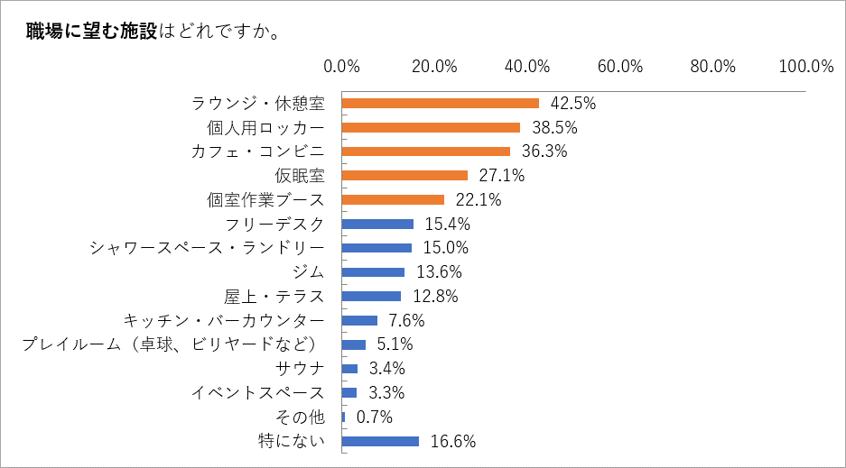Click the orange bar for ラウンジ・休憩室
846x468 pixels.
coord(441,104)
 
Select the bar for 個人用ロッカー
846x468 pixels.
coord(432,127)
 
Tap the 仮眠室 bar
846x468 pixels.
coord(405,175)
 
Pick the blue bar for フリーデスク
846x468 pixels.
coord(378,224)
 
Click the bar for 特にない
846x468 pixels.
coord(381,441)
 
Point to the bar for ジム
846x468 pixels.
coord(374,272)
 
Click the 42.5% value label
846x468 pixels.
coord(573,104)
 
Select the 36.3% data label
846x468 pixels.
coord(544,151)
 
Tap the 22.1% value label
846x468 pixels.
coord(479,199)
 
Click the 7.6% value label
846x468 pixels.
coord(405,320)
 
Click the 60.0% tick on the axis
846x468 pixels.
coord(619,66)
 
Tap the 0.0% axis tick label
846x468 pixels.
coord(342,66)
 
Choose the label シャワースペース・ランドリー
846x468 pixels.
coord(207,248)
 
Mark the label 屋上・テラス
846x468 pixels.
coord(274,296)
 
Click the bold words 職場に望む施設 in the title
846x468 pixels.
coord(93,32)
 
